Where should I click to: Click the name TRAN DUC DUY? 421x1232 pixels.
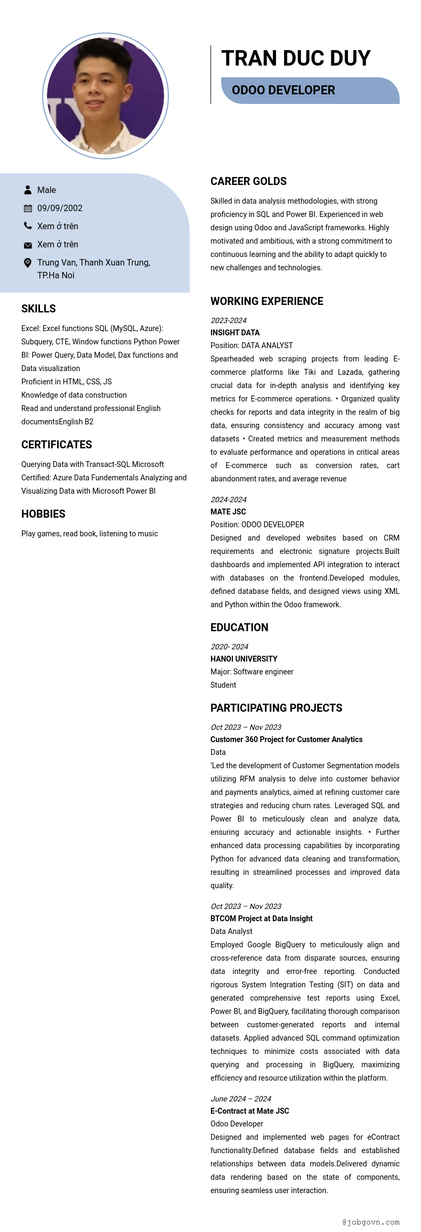[x=296, y=58]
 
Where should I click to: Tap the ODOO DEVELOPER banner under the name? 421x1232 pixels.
[x=284, y=90]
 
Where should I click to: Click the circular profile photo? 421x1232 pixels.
[x=106, y=96]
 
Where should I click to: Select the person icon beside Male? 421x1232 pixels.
[x=28, y=190]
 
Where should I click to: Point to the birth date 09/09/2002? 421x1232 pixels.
[x=60, y=208]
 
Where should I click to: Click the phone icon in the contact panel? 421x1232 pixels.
[x=28, y=226]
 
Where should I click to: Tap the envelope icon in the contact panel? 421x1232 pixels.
[x=28, y=245]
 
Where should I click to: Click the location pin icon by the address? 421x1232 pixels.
[x=28, y=263]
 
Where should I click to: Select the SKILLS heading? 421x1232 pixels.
[x=38, y=309]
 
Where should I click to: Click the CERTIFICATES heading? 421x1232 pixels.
[x=56, y=445]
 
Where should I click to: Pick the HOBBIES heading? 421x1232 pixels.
[x=43, y=514]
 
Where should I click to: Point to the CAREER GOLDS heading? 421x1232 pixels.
[x=248, y=181]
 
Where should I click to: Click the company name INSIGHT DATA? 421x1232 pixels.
[x=235, y=333]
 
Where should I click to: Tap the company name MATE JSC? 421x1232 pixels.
[x=228, y=512]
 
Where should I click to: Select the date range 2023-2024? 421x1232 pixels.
[x=229, y=320]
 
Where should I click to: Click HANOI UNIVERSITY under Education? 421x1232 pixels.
[x=244, y=659]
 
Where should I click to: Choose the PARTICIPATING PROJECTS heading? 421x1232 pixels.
[x=276, y=708]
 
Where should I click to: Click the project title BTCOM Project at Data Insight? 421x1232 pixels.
[x=261, y=919]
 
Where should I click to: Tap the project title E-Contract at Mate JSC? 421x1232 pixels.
[x=249, y=1111]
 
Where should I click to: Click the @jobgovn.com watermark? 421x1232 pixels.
[x=371, y=1222]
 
